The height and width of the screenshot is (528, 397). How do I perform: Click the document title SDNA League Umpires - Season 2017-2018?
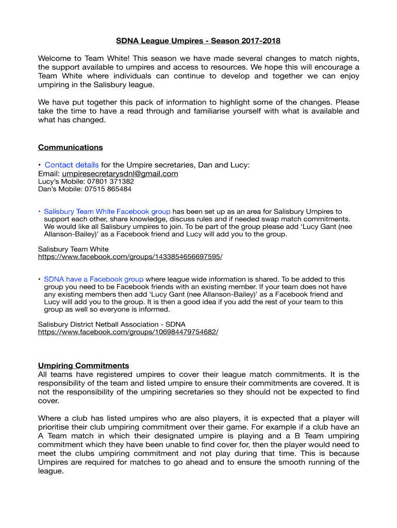198,41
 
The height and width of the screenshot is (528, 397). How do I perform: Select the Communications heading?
70,147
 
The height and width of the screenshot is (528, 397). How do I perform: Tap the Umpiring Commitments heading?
84,366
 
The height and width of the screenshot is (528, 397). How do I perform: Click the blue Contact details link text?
72,165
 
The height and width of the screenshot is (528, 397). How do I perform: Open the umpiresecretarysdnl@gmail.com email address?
120,174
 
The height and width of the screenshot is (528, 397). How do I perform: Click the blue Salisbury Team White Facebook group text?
107,211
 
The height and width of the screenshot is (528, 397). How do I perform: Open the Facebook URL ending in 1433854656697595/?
130,257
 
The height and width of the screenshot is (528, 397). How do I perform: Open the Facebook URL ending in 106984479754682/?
128,332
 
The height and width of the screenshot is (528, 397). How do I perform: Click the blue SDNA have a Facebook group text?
93,279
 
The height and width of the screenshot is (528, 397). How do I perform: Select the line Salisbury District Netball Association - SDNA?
111,324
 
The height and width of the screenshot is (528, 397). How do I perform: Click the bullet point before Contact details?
40,165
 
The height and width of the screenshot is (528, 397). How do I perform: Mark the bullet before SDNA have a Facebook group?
40,279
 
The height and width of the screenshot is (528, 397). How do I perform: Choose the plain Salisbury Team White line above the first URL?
73,249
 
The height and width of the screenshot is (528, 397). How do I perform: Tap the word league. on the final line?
51,471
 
